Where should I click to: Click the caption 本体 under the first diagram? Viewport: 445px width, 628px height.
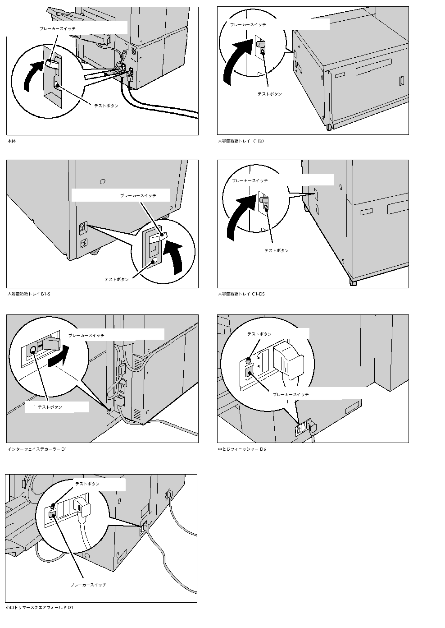(12, 141)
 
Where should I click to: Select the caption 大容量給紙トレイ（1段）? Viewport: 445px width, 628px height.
(241, 141)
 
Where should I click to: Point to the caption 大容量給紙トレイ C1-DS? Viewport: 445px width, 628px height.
(241, 294)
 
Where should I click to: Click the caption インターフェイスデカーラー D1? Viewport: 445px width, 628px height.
(37, 449)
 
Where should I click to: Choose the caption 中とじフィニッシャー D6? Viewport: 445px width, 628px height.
(242, 449)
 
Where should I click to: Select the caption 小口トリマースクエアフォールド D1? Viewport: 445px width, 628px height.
(40, 608)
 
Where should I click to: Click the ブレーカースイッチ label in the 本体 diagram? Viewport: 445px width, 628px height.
(57, 28)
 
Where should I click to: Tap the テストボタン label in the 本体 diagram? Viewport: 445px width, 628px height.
(106, 106)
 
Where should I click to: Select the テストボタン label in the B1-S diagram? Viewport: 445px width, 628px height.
(117, 279)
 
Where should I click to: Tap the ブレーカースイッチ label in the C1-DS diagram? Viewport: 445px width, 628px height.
(250, 180)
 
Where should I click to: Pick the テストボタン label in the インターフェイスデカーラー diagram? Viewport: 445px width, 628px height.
(50, 407)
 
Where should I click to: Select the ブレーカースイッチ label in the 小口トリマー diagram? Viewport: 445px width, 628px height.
(88, 585)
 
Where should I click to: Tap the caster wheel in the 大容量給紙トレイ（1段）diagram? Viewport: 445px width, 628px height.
(329, 127)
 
